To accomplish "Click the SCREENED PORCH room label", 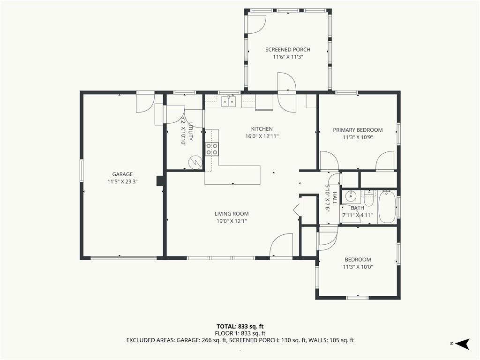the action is click(x=288, y=50).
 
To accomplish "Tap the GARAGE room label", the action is click(x=122, y=174).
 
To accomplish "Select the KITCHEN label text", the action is click(x=262, y=129).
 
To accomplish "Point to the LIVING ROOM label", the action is click(x=232, y=214).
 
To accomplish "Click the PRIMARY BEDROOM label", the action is click(x=358, y=130).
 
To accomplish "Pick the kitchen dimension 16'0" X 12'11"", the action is click(x=262, y=136).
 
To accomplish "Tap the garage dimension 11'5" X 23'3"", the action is click(x=122, y=181).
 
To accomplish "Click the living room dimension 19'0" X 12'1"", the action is click(x=232, y=221).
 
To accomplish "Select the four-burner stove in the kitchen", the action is click(x=212, y=149).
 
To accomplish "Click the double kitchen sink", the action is click(x=229, y=101).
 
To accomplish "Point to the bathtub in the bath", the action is click(x=387, y=207).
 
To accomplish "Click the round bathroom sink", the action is click(x=350, y=196).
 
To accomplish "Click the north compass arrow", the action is click(x=463, y=344).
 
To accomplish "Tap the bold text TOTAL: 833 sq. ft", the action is click(x=240, y=326).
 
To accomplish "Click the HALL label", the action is click(x=334, y=198).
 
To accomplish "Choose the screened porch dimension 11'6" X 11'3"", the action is click(x=288, y=57).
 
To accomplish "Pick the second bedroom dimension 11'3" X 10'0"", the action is click(x=358, y=267).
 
